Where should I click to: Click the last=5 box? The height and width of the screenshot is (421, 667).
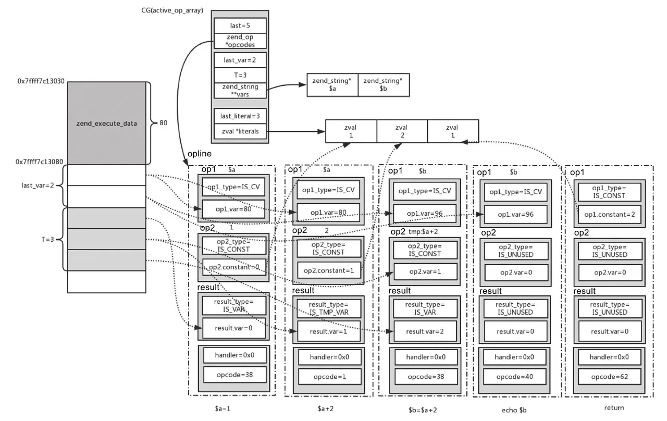(x=240, y=26)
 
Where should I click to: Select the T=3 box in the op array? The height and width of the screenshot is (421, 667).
(x=240, y=75)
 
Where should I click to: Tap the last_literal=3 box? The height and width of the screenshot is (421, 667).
(x=240, y=116)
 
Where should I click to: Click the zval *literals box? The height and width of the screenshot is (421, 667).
(x=240, y=131)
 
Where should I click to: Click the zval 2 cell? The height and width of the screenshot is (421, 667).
(x=401, y=131)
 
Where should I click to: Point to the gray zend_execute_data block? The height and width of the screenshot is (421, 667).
(x=106, y=123)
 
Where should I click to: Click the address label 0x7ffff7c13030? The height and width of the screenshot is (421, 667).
(x=41, y=81)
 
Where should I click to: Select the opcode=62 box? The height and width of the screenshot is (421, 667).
(x=609, y=376)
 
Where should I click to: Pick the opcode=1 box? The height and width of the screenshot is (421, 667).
(x=329, y=376)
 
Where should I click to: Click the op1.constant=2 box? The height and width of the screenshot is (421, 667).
(x=609, y=215)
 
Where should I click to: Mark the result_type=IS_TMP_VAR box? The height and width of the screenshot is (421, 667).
(x=328, y=308)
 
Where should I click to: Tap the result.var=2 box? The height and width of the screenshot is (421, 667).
(x=425, y=331)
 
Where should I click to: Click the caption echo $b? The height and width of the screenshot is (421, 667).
(x=517, y=410)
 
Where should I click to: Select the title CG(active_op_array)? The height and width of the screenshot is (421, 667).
(x=172, y=11)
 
